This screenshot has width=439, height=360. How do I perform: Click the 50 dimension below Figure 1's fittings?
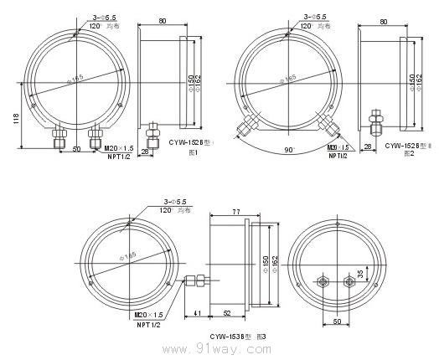pyautogui.click(x=76, y=151)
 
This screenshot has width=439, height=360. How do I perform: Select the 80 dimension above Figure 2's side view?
pyautogui.click(x=382, y=21)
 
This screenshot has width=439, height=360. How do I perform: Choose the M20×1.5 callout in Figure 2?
pyautogui.click(x=338, y=147)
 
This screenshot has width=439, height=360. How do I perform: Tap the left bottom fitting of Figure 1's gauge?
pyautogui.click(x=61, y=135)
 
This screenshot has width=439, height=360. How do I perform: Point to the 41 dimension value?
pyautogui.click(x=197, y=312)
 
